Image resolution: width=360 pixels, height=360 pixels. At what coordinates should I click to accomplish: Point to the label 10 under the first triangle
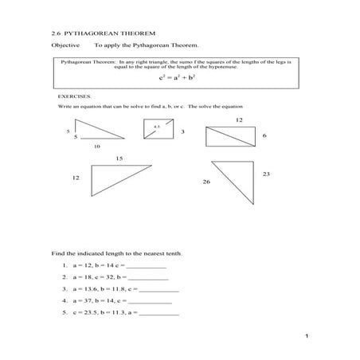(x=97, y=146)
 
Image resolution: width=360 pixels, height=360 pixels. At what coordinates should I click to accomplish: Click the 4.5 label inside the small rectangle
(x=156, y=125)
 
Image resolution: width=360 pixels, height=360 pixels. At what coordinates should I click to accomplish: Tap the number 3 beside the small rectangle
(x=183, y=131)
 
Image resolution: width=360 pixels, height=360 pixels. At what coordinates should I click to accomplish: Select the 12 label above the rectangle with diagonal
(x=239, y=119)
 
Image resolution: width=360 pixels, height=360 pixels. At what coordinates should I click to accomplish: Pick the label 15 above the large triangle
(x=119, y=158)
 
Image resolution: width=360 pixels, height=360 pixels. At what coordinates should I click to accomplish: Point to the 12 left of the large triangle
(x=76, y=178)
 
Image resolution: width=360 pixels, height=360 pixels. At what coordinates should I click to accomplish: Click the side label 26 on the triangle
(x=206, y=182)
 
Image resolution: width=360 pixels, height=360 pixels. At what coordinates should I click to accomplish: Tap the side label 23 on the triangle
(x=266, y=174)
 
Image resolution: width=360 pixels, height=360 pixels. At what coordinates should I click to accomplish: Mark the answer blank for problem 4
(x=151, y=302)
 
